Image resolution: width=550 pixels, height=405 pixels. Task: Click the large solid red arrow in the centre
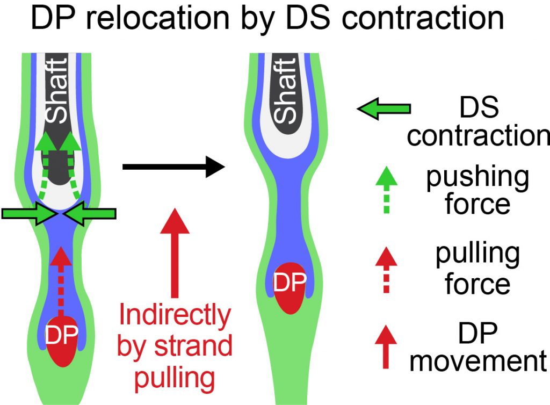(175, 252)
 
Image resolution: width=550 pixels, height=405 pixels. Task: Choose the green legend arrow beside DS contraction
(383, 110)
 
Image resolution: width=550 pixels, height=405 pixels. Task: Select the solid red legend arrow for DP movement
(385, 346)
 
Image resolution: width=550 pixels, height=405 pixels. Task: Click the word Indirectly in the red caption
(175, 316)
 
